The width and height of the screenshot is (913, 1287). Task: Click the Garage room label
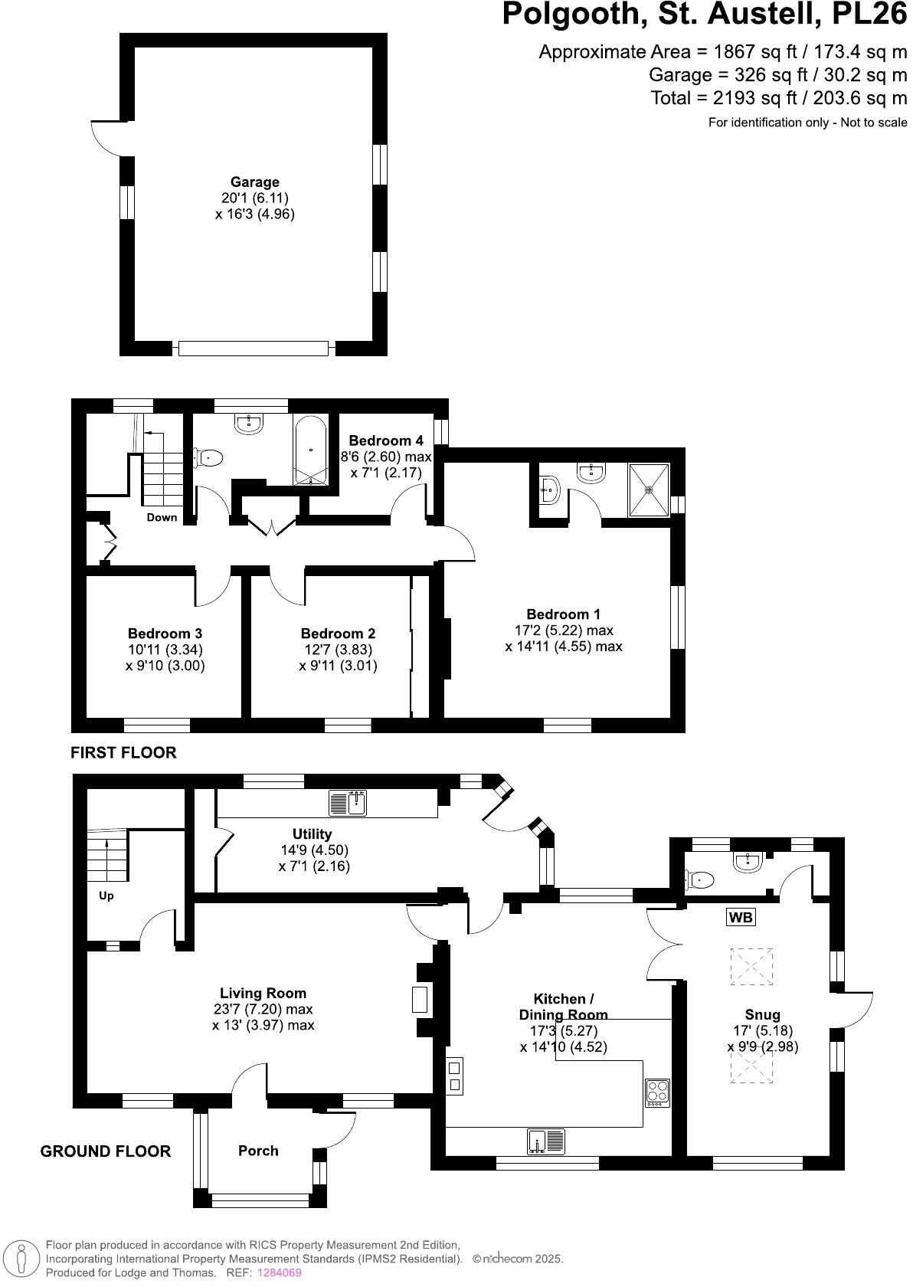[255, 182]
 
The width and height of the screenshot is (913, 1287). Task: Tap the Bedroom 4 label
[386, 440]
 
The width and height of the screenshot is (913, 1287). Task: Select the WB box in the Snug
[741, 916]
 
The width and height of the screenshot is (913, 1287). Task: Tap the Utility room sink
[349, 803]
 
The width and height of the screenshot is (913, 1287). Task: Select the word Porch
[258, 1151]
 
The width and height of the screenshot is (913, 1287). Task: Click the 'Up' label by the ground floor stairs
[106, 896]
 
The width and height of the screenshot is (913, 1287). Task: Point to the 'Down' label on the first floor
[162, 517]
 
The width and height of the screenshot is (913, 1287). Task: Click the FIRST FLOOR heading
[123, 752]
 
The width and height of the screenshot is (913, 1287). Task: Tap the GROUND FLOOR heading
[106, 1151]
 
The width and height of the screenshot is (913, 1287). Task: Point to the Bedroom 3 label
[165, 634]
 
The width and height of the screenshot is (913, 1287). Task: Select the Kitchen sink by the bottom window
[545, 1141]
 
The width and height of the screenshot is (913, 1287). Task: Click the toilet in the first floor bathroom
[208, 458]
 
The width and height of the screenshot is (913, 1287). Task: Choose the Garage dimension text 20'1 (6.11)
[255, 198]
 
